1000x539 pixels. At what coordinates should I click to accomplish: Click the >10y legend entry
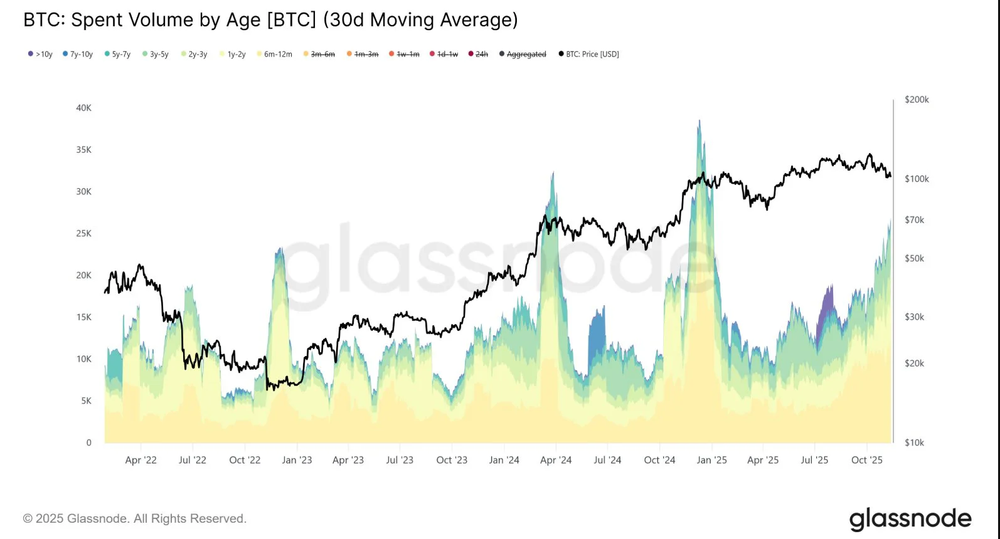pyautogui.click(x=40, y=55)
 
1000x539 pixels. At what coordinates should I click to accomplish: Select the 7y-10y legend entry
pyautogui.click(x=78, y=55)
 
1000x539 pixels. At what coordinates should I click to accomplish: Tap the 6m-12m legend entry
pyautogui.click(x=274, y=55)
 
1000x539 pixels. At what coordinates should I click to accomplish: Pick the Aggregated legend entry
pyautogui.click(x=523, y=55)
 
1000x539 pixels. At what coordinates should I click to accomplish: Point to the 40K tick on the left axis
pyautogui.click(x=83, y=108)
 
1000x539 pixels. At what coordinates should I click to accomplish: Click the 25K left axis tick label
pyautogui.click(x=83, y=233)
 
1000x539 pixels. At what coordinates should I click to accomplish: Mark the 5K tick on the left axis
pyautogui.click(x=86, y=400)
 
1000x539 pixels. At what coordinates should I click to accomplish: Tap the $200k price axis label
pyautogui.click(x=917, y=100)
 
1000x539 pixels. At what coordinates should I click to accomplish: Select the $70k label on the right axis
pyautogui.click(x=914, y=220)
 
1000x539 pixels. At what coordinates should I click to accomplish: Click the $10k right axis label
pyautogui.click(x=914, y=442)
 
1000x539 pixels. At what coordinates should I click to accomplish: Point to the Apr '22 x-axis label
pyautogui.click(x=141, y=460)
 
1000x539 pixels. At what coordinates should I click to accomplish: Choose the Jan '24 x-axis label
pyautogui.click(x=504, y=460)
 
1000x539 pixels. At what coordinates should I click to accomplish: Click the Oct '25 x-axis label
pyautogui.click(x=866, y=460)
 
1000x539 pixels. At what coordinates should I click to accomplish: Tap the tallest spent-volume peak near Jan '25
pyautogui.click(x=699, y=123)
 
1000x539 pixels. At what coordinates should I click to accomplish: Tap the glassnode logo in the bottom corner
pyautogui.click(x=910, y=519)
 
